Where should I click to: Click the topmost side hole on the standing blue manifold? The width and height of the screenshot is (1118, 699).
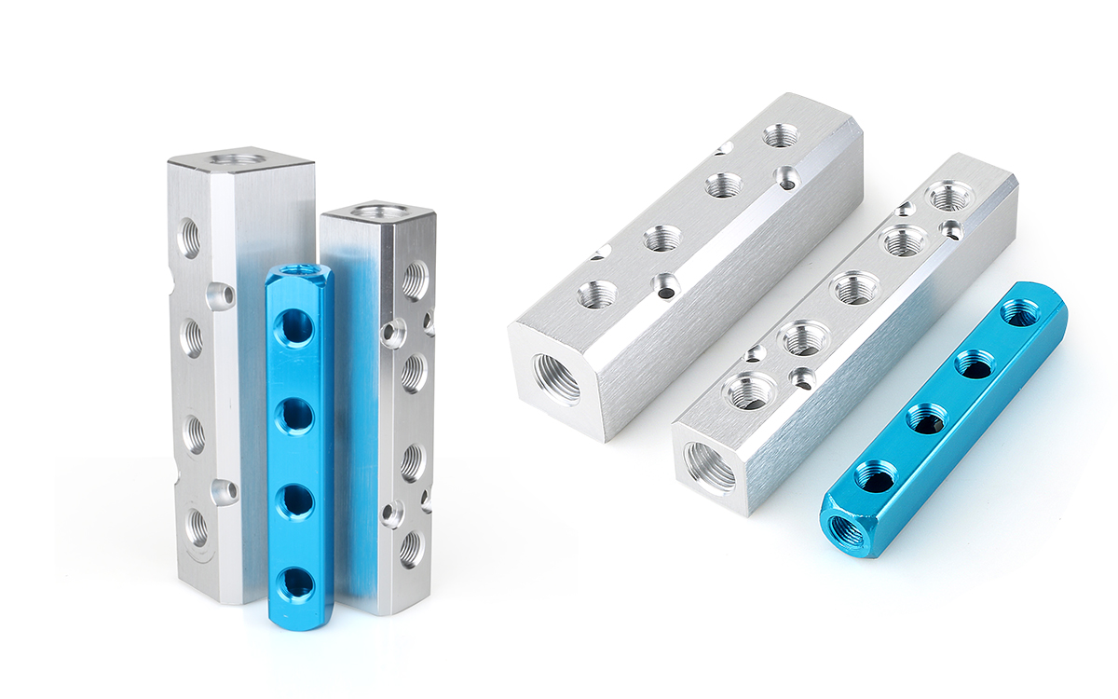(x=296, y=328)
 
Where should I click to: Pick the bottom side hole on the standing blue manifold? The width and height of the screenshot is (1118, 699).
(x=298, y=583)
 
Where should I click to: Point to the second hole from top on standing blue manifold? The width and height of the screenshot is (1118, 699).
(x=296, y=414)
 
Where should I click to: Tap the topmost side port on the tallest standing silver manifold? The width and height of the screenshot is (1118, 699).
(x=189, y=238)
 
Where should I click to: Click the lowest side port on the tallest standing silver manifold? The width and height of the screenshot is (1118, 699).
(x=196, y=528)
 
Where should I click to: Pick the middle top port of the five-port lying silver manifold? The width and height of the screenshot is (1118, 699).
(x=853, y=288)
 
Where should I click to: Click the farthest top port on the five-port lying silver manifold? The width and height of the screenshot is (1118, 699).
(x=948, y=196)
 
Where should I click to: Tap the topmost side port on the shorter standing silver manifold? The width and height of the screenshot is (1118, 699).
(x=415, y=279)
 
